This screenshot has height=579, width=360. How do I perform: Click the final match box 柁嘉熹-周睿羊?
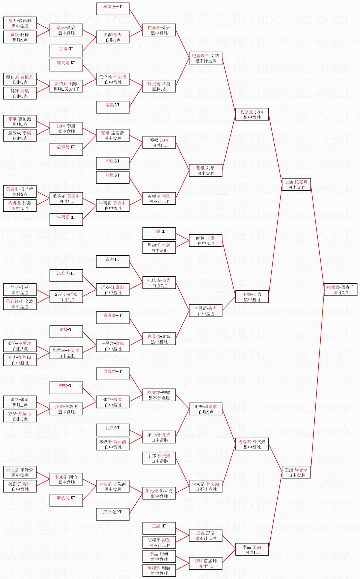(x=341, y=290)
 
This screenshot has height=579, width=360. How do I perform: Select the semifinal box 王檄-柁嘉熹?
(x=297, y=184)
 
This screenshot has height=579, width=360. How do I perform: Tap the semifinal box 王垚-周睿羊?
(x=297, y=472)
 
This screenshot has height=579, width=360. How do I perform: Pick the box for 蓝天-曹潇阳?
(x=20, y=23)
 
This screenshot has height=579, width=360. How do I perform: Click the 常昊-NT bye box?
(x=113, y=107)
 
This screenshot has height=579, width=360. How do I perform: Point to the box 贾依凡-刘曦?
(x=66, y=86)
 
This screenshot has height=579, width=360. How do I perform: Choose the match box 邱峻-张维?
(x=159, y=142)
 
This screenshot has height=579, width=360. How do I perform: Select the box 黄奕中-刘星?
(x=159, y=198)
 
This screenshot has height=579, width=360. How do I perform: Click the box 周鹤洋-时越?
(x=159, y=248)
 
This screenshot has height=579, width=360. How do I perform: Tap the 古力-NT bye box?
(x=113, y=262)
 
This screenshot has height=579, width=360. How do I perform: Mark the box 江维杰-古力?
(x=159, y=283)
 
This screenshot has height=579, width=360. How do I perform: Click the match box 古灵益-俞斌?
(x=159, y=339)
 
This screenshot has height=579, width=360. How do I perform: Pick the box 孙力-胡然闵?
(x=20, y=360)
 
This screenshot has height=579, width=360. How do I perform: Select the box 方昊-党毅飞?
(x=20, y=416)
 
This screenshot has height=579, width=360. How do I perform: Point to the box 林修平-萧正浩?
(x=113, y=444)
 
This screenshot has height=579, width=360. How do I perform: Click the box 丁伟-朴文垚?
(x=159, y=458)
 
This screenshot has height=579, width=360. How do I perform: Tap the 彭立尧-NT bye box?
(x=113, y=514)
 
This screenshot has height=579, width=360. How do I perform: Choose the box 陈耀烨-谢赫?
(x=159, y=570)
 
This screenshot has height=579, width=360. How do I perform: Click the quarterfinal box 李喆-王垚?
(x=252, y=549)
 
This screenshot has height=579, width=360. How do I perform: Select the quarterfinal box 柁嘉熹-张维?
(x=252, y=114)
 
